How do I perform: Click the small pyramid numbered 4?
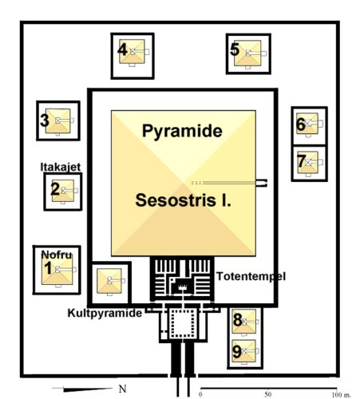tap(132, 52)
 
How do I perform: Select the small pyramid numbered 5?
tap(247, 53)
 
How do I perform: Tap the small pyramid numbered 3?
tap(57, 120)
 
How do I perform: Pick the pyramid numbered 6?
tap(307, 124)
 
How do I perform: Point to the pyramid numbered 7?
tap(307, 163)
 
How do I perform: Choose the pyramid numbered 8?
tap(244, 321)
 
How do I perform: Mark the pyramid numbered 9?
tap(243, 351)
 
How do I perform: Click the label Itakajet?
tap(61, 167)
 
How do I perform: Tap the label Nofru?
tap(57, 255)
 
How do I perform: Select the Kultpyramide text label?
tap(105, 313)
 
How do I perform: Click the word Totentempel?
tap(251, 276)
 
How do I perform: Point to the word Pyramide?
tap(182, 131)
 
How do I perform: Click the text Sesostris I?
tap(183, 200)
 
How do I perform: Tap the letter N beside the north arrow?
tap(122, 389)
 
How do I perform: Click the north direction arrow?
tap(82, 389)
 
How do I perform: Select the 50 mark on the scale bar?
tap(268, 394)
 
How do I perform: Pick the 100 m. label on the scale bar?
tap(341, 395)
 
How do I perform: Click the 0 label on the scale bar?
tap(200, 394)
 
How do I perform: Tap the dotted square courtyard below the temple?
tap(183, 323)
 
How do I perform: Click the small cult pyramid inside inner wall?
tap(109, 281)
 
